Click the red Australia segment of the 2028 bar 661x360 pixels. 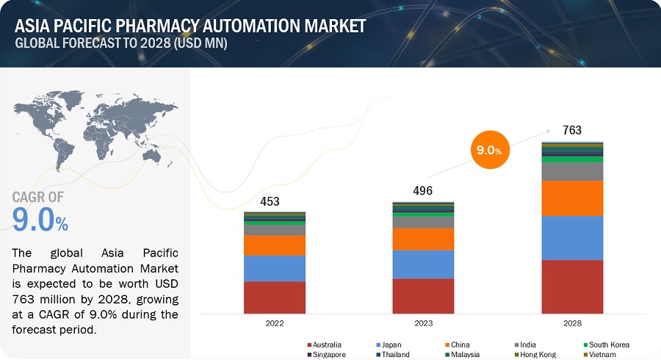coord(572,287)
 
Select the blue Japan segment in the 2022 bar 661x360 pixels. coord(275,268)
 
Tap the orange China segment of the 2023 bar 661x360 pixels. coord(423,239)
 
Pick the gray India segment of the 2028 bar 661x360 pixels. coord(572,170)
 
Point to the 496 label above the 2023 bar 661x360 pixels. coord(422,191)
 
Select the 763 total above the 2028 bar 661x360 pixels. coord(571,131)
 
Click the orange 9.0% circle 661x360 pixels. coord(487,150)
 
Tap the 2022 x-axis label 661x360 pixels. coord(275,323)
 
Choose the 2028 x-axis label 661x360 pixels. coord(572,323)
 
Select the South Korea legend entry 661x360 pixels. coord(606,345)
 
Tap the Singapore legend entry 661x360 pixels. coord(326,354)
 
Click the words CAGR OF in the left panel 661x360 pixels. coord(38,196)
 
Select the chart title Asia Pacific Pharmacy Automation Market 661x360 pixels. coord(190,26)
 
